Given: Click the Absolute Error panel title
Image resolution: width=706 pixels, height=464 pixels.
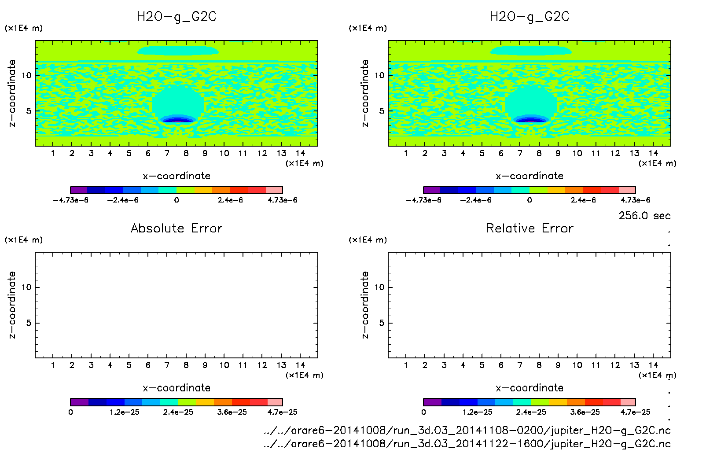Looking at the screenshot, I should [x=176, y=228].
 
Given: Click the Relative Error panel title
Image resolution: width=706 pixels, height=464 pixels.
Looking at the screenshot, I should [x=529, y=228].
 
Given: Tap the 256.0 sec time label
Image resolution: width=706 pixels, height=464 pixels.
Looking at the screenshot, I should [x=644, y=216].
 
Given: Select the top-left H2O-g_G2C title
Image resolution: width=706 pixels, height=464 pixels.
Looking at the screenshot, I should [x=176, y=17].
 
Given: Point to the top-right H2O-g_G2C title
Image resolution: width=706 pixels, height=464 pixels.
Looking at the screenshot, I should [x=529, y=17].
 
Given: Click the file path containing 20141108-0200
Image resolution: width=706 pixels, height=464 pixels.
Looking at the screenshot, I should [x=467, y=430].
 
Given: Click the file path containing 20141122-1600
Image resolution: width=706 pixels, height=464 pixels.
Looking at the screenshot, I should [x=467, y=444].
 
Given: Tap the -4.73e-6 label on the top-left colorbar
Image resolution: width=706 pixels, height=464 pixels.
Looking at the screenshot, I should [x=70, y=200].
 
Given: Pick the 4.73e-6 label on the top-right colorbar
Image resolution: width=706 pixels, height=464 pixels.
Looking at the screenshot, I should [x=635, y=200].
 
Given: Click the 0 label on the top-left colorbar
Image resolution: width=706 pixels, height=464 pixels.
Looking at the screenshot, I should [x=176, y=200].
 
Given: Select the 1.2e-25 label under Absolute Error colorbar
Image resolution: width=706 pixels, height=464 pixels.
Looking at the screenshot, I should [x=125, y=412].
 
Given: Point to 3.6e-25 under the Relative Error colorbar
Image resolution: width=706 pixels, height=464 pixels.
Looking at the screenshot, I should [x=585, y=412].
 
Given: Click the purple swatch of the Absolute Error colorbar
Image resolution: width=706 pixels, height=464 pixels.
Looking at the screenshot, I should [x=79, y=402].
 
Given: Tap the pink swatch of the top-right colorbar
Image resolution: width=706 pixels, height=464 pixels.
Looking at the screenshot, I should [x=627, y=190].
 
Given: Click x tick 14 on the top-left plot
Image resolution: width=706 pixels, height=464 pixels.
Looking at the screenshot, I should [x=300, y=153].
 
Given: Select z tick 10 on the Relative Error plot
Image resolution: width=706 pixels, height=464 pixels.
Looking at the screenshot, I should [x=379, y=287].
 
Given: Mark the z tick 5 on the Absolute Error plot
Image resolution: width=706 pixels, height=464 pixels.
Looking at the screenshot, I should [x=29, y=323].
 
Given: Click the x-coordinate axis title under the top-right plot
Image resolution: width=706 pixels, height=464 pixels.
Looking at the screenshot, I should [x=529, y=176].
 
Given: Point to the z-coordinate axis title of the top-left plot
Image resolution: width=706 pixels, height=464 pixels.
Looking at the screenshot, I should [x=12, y=93].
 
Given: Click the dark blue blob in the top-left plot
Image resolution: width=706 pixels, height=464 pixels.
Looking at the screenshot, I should [x=177, y=120].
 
